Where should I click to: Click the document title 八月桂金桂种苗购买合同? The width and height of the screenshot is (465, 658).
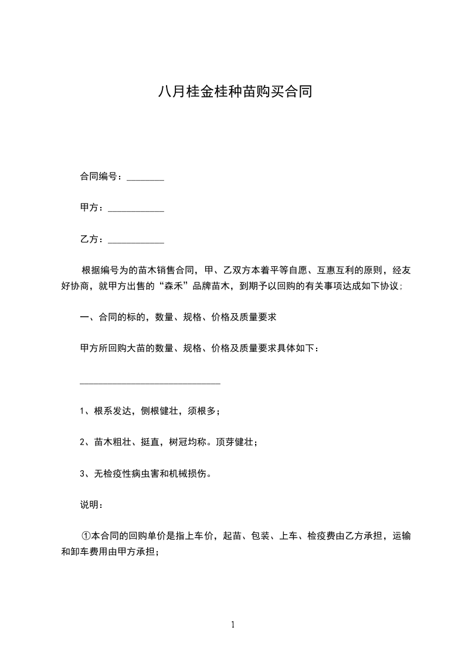pyautogui.click(x=232, y=92)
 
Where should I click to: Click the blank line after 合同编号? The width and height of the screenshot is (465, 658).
pyautogui.click(x=145, y=178)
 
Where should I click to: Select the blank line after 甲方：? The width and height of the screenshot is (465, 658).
pyautogui.click(x=136, y=209)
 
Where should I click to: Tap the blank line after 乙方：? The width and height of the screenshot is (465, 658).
pyautogui.click(x=136, y=240)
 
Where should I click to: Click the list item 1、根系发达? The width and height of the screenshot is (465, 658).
pyautogui.click(x=150, y=411)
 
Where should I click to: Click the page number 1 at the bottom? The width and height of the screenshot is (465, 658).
pyautogui.click(x=233, y=625)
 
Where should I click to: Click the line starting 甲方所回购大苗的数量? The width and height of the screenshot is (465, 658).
pyautogui.click(x=199, y=348)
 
